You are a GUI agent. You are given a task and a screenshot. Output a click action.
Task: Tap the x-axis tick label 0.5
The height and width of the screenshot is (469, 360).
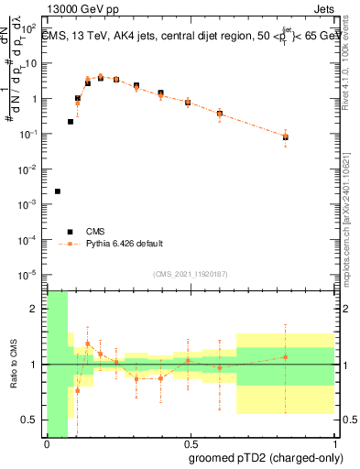[x=189, y=444]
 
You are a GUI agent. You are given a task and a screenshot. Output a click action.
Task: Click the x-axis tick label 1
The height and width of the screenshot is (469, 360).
[x=332, y=444]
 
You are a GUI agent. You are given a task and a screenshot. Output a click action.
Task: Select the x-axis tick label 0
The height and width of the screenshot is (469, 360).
[x=47, y=444]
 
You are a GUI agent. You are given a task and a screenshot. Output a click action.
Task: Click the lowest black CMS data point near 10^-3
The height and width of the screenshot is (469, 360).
[x=58, y=191]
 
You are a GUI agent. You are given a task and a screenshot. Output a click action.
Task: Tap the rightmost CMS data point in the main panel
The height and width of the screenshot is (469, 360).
[x=286, y=137]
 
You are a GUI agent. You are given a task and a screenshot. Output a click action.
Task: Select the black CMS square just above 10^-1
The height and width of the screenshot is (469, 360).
[x=71, y=121]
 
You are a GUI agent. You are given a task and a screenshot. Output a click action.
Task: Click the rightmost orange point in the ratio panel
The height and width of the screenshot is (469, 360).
[x=286, y=357]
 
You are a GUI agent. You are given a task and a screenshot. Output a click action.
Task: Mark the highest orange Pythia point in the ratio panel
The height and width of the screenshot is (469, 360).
[x=88, y=344]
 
